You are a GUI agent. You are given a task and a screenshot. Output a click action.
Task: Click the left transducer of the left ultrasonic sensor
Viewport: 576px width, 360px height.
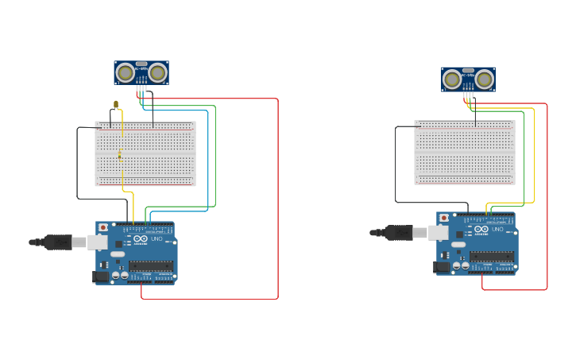click(125, 73)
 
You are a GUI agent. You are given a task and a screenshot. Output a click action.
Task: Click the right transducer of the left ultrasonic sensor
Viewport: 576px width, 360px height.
click(157, 73)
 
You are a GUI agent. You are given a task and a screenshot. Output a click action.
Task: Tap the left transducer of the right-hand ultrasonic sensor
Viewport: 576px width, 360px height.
click(452, 79)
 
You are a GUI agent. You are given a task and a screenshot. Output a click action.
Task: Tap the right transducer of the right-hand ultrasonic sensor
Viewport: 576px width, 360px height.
click(485, 79)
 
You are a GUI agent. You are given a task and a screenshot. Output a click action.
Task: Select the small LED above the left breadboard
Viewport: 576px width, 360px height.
click(116, 105)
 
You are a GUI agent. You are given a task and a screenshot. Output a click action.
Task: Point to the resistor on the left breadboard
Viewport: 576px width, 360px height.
click(120, 156)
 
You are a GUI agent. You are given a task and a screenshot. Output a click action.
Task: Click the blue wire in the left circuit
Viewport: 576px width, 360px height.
click(208, 159)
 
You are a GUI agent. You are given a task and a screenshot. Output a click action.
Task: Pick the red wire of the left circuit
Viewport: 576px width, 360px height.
click(278, 199)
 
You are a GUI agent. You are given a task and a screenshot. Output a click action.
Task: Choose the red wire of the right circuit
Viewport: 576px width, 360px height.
click(547, 199)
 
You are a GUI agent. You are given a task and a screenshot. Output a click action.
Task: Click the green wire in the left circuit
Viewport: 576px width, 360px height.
click(215, 159)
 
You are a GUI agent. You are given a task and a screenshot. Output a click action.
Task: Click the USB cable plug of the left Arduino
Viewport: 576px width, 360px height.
click(60, 242)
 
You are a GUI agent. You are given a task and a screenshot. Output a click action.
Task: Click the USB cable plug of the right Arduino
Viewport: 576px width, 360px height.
click(400, 232)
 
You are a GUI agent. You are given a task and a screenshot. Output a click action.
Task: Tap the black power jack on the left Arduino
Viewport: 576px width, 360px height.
click(100, 277)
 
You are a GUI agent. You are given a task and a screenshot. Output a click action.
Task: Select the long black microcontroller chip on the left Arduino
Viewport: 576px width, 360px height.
click(151, 265)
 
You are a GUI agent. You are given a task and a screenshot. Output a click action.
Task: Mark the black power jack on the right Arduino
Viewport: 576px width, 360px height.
click(441, 268)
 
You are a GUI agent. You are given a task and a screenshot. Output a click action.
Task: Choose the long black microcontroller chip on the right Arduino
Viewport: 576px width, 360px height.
click(492, 256)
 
